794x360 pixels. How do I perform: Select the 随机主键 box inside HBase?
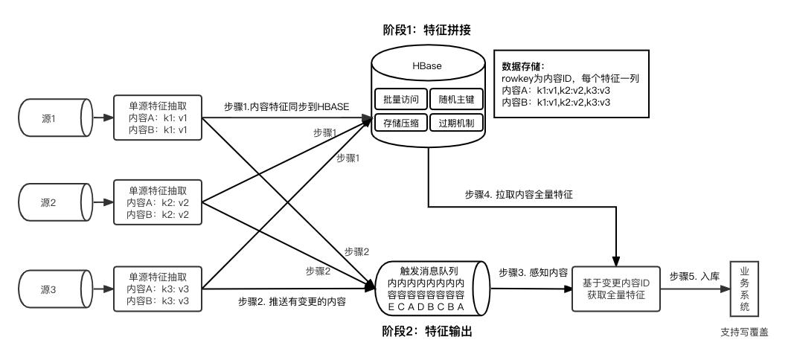pos(456,99)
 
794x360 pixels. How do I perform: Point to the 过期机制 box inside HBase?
pos(456,123)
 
